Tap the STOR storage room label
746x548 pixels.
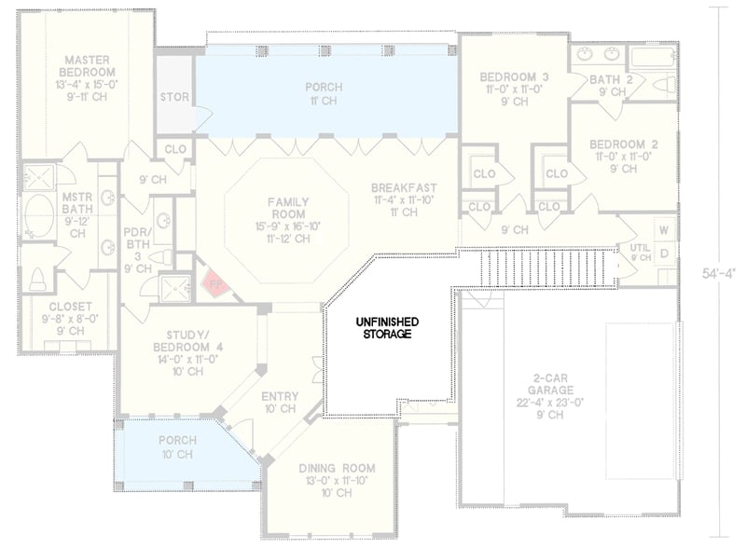coord(174,96)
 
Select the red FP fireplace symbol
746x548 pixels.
coord(214,281)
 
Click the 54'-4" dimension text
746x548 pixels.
coord(720,274)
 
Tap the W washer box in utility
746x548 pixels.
coord(665,229)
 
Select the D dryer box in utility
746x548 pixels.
coord(665,253)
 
